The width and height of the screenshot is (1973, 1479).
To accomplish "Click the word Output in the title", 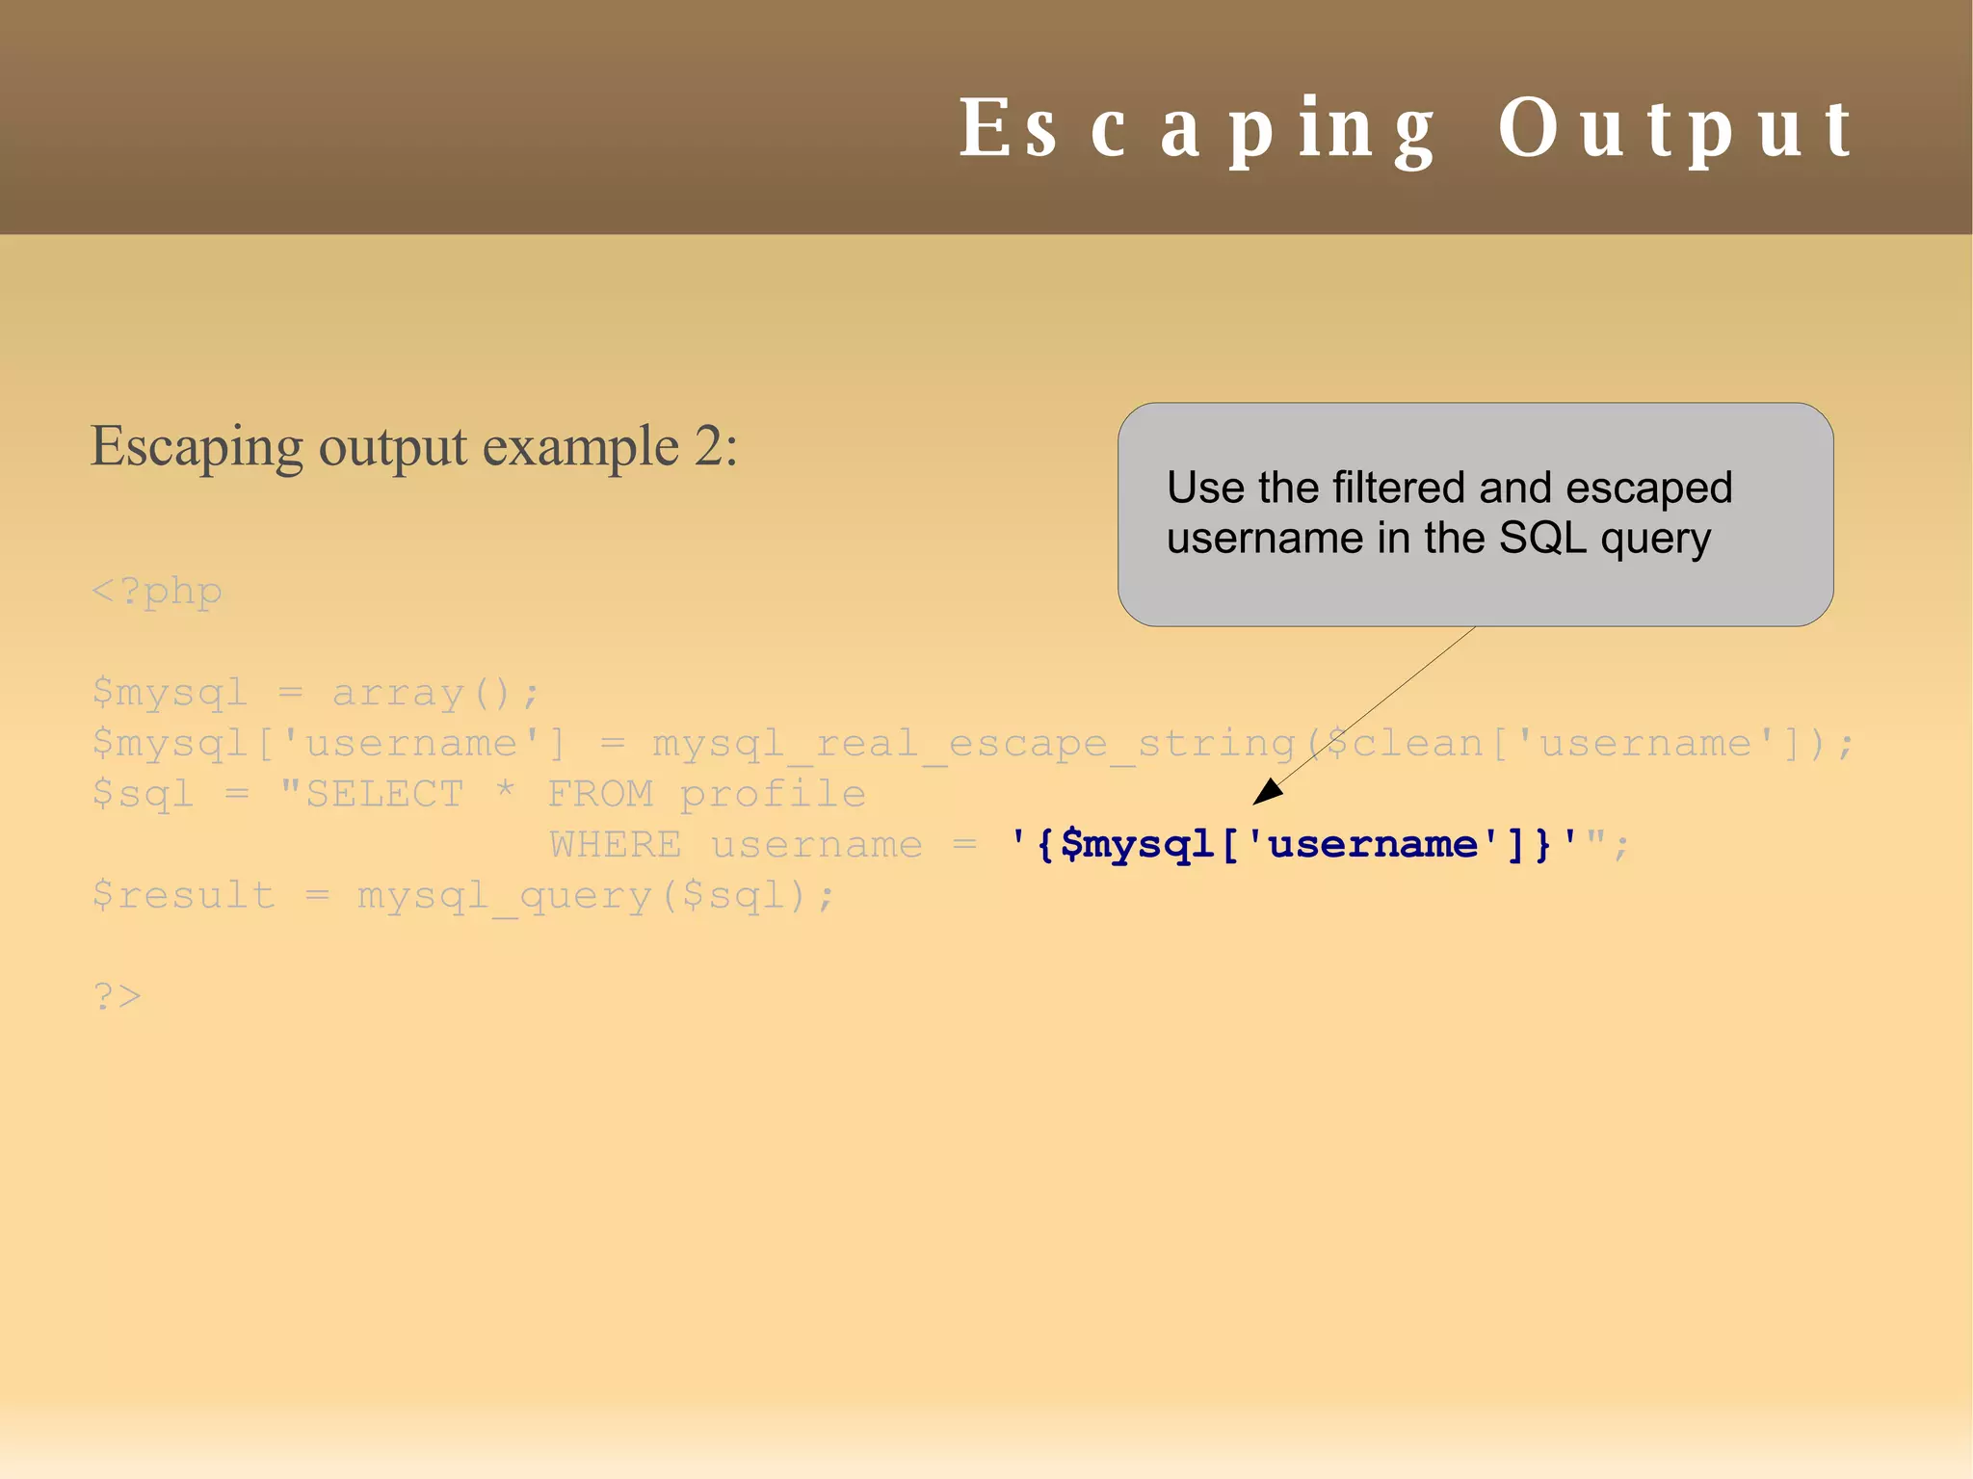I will [1674, 129].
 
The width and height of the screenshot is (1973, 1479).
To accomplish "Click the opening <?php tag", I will [157, 591].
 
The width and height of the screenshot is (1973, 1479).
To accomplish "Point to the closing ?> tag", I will [118, 995].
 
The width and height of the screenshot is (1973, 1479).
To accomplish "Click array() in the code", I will [435, 693].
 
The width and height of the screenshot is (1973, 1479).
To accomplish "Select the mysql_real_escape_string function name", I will [973, 744].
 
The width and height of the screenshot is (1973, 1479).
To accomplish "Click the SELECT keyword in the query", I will [384, 794].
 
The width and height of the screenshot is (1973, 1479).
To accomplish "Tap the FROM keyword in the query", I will [600, 794].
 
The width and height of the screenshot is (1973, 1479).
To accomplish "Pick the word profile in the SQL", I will [773, 794].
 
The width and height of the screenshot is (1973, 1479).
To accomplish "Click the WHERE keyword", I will [615, 845].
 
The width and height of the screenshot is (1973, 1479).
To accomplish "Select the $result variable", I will [184, 895].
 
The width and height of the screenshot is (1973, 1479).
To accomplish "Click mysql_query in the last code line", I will [505, 896].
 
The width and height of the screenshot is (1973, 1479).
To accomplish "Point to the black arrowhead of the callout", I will [1265, 793].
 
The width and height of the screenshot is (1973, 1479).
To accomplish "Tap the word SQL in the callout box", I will [1542, 538].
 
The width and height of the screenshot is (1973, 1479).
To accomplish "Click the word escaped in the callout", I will [1648, 488].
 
